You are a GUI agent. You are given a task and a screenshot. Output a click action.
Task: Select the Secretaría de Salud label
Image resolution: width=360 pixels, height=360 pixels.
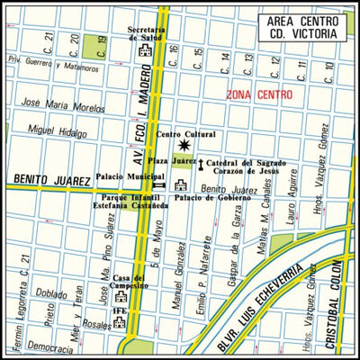pos(146,35)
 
